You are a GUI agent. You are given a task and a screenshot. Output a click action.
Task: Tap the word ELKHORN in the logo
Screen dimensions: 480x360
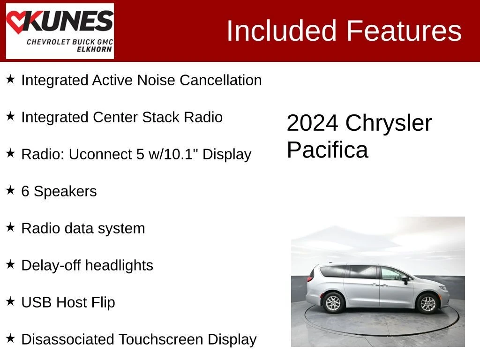tap(94, 49)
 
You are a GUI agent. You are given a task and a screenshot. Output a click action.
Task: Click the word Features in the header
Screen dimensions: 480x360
tap(404, 30)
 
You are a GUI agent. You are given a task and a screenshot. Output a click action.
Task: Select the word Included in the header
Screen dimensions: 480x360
tap(282, 30)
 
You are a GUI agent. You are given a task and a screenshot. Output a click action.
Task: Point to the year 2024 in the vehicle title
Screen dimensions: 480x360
tap(313, 123)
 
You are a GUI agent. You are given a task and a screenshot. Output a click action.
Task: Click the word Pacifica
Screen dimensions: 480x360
tap(327, 150)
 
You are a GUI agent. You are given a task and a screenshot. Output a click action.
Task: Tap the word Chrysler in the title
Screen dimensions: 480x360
tap(389, 124)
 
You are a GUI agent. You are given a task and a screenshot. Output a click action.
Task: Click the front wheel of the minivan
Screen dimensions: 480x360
tap(427, 303)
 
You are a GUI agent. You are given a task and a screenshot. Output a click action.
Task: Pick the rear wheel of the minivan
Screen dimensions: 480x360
tap(333, 303)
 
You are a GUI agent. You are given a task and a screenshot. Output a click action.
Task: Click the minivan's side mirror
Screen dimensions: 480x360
tap(405, 279)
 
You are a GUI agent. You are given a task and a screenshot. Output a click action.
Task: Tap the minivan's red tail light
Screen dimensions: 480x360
tap(310, 276)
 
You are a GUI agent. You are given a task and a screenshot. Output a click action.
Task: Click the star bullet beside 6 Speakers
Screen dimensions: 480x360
tap(10, 190)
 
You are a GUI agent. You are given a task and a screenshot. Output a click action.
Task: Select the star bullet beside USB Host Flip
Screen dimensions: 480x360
tap(10, 301)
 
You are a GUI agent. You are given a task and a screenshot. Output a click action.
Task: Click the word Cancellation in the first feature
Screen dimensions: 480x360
tap(221, 80)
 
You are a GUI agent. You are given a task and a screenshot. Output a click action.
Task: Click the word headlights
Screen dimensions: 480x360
tap(120, 265)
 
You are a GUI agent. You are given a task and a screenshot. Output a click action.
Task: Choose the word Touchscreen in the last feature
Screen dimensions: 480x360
tap(161, 339)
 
